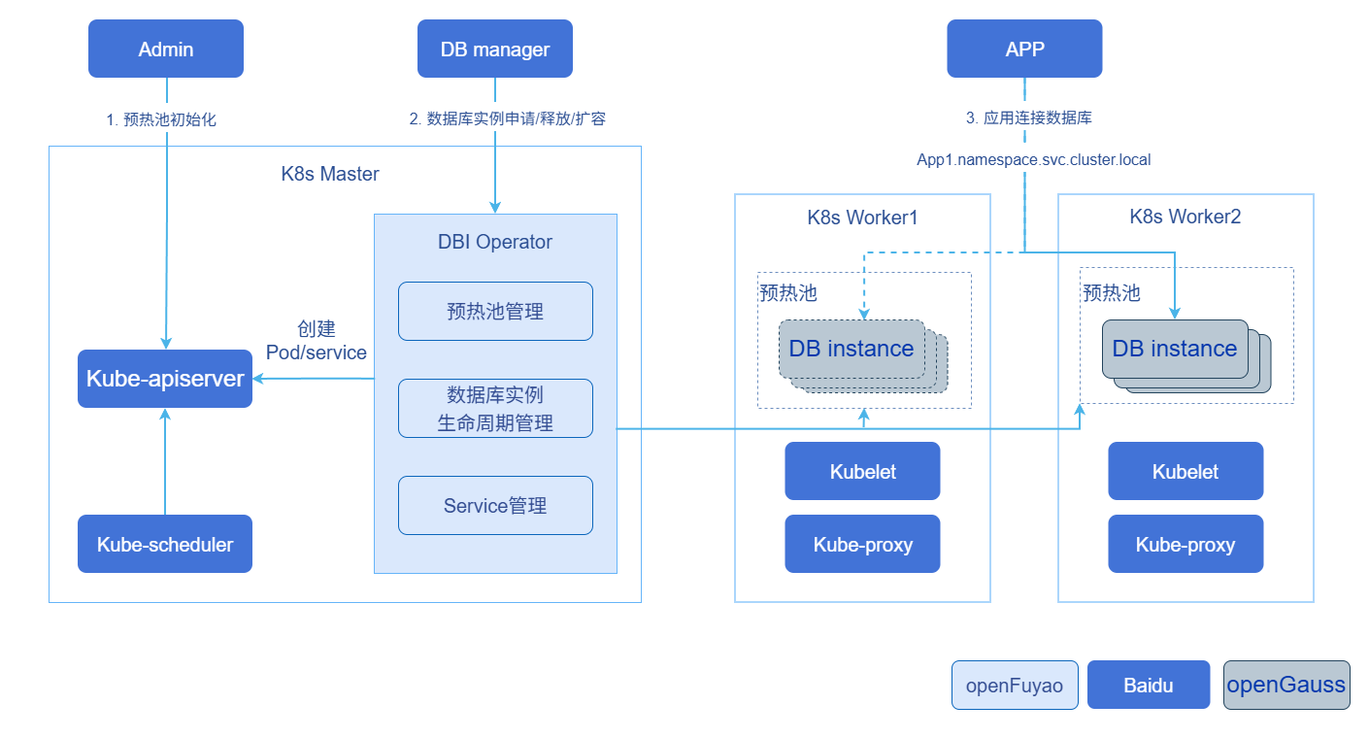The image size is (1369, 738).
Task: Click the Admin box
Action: tap(166, 49)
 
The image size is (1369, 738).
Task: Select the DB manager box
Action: tap(495, 49)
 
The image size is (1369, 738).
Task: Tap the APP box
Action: tap(1024, 49)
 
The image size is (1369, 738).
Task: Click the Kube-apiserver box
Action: tap(165, 379)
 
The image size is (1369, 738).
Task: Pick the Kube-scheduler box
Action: tap(165, 544)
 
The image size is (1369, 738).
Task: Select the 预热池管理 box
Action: tap(495, 311)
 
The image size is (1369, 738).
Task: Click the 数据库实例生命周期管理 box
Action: tap(495, 409)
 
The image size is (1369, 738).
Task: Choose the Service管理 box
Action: tap(495, 506)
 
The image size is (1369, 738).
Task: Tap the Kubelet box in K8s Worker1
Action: tap(862, 471)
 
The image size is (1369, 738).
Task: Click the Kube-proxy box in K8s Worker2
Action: tap(1185, 544)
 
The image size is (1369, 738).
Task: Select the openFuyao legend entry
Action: tap(1015, 685)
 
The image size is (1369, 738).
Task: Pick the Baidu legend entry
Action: tap(1149, 685)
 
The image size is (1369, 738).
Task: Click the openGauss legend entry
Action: tap(1286, 685)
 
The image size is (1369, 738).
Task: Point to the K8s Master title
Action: tap(330, 174)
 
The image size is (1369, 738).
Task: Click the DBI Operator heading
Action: tap(495, 242)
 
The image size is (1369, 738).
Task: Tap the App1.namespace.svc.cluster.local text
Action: tap(1033, 159)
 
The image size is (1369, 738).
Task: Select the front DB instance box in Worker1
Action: tap(851, 349)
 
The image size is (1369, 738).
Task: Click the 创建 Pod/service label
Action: tap(316, 341)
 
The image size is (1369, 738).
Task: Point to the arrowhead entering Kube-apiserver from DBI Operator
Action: tap(258, 379)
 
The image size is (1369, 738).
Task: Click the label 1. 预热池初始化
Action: tap(161, 119)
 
